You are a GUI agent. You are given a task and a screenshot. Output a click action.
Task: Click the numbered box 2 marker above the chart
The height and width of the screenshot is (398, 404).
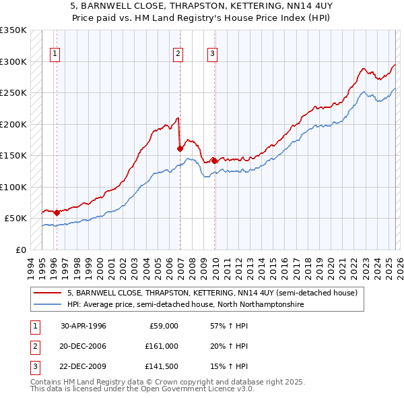point(178,55)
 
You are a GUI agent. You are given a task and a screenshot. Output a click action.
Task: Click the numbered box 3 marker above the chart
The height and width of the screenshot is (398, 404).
point(212,55)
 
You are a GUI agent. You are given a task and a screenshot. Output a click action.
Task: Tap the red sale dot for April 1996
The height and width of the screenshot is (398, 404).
point(57,212)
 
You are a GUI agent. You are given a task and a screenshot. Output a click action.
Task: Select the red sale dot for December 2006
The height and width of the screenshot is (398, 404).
point(180,148)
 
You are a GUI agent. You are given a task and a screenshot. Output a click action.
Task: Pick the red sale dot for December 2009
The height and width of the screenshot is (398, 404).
point(214,161)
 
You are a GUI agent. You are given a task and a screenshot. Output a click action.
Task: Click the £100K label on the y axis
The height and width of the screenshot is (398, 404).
point(13,187)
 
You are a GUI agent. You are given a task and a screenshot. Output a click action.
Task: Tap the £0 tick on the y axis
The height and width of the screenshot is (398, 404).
point(20,250)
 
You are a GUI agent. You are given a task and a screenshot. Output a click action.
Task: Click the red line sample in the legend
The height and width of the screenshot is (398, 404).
point(47,293)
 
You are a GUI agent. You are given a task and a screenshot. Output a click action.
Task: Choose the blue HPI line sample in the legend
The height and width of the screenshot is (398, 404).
point(47,305)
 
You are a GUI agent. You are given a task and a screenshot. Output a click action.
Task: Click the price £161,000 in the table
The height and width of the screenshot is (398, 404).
point(162,346)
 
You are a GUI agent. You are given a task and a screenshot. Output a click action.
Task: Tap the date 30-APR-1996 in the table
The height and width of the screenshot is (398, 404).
point(83,326)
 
